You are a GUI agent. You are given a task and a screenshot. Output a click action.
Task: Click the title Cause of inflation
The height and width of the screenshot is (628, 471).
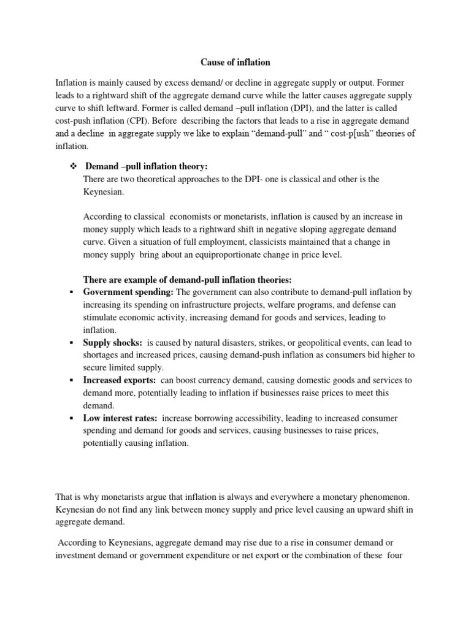(x=235, y=63)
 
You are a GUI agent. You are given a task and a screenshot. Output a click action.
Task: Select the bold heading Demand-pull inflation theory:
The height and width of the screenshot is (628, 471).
(x=146, y=166)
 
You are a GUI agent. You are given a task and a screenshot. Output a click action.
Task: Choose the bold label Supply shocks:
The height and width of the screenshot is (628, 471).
(x=112, y=342)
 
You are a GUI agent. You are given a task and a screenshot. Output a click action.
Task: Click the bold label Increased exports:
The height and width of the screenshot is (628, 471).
(x=119, y=380)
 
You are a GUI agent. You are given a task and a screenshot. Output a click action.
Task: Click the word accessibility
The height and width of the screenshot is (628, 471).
(x=249, y=418)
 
